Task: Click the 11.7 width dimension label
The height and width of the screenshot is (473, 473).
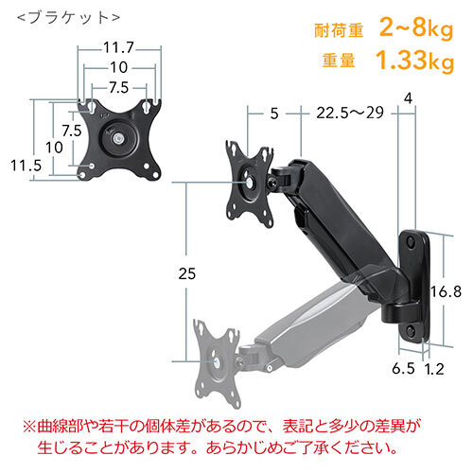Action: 119,48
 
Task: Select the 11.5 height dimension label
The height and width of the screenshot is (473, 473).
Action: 26,166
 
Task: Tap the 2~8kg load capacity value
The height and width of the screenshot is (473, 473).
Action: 416,27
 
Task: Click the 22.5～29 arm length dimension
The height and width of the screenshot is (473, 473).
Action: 350,113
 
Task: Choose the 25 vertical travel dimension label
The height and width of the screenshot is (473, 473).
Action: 186,273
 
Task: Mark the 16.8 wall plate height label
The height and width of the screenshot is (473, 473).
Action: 446,291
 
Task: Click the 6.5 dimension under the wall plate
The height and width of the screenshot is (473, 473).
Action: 403,368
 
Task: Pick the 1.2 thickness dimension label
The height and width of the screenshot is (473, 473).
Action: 433,368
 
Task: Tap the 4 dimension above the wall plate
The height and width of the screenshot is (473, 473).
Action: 408,98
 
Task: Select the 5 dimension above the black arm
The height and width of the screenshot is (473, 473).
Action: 274,114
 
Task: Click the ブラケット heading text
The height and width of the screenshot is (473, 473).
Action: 69,18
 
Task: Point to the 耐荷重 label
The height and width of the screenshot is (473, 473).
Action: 339,30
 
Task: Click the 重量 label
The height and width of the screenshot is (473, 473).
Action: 339,61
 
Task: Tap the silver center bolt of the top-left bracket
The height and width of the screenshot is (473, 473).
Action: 118,138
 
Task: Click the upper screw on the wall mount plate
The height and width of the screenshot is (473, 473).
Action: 412,242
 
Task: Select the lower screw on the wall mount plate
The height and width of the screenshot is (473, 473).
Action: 412,330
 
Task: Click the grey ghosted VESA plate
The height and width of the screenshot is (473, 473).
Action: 218,362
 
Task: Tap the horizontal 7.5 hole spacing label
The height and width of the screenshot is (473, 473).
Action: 119,88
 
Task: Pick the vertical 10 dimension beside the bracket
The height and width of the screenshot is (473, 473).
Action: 54,148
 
